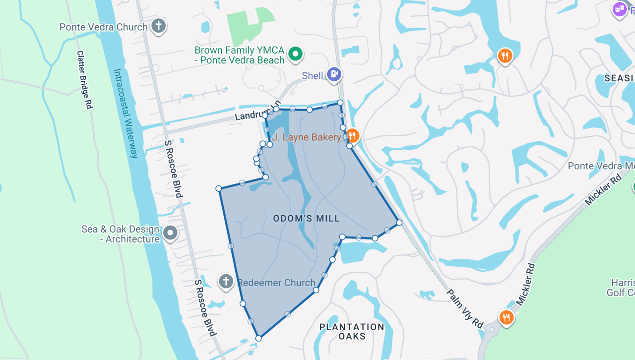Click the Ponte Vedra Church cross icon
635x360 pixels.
pyautogui.click(x=158, y=26)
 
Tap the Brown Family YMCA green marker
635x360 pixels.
pyautogui.click(x=296, y=54)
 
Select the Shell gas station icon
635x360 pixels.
pyautogui.click(x=334, y=75)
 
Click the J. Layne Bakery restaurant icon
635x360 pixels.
pyautogui.click(x=352, y=135)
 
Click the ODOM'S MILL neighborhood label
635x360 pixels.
pyautogui.click(x=307, y=218)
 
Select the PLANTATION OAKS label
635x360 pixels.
pyautogui.click(x=352, y=331)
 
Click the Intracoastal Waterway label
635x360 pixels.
pyautogui.click(x=126, y=114)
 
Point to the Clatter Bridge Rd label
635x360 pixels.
pyautogui.click(x=84, y=79)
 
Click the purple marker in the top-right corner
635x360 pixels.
pyautogui.click(x=619, y=8)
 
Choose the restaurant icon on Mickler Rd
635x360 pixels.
pyautogui.click(x=506, y=317)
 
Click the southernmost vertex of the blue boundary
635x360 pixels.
pyautogui.click(x=258, y=338)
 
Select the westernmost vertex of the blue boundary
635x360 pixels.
pyautogui.click(x=219, y=188)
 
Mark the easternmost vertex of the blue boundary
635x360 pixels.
pyautogui.click(x=399, y=223)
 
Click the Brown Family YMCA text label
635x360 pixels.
pyautogui.click(x=240, y=55)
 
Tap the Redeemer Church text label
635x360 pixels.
pyautogui.click(x=276, y=283)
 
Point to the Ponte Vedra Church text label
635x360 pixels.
pyautogui.click(x=104, y=27)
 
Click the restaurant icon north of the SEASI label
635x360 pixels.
pyautogui.click(x=505, y=56)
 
